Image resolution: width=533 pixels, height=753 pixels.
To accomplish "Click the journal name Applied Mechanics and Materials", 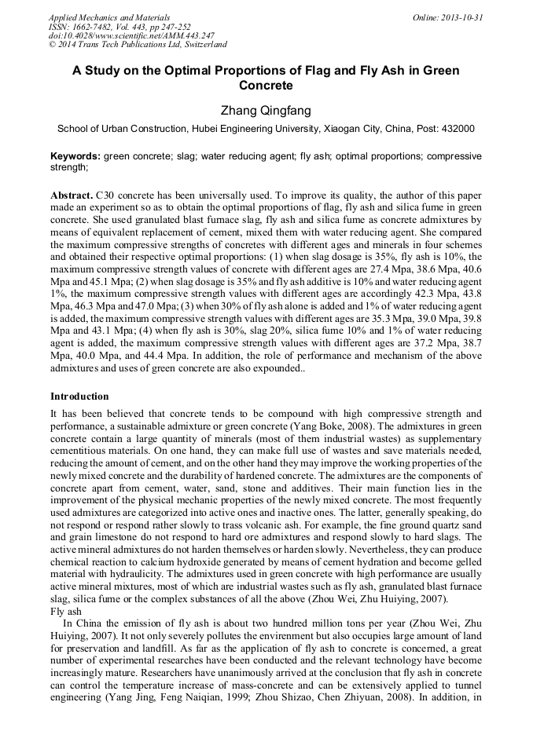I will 108,17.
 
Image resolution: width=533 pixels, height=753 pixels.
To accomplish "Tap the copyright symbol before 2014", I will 53,45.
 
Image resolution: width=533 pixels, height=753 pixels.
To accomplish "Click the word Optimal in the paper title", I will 204,71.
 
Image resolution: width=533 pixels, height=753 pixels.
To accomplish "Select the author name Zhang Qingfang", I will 266,111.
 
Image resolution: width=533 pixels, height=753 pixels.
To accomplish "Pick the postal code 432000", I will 456,129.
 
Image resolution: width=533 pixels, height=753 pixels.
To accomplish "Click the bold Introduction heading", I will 79,397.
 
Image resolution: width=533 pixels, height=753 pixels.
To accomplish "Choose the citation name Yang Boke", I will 335,425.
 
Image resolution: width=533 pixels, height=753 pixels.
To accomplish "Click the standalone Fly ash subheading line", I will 66,610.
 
